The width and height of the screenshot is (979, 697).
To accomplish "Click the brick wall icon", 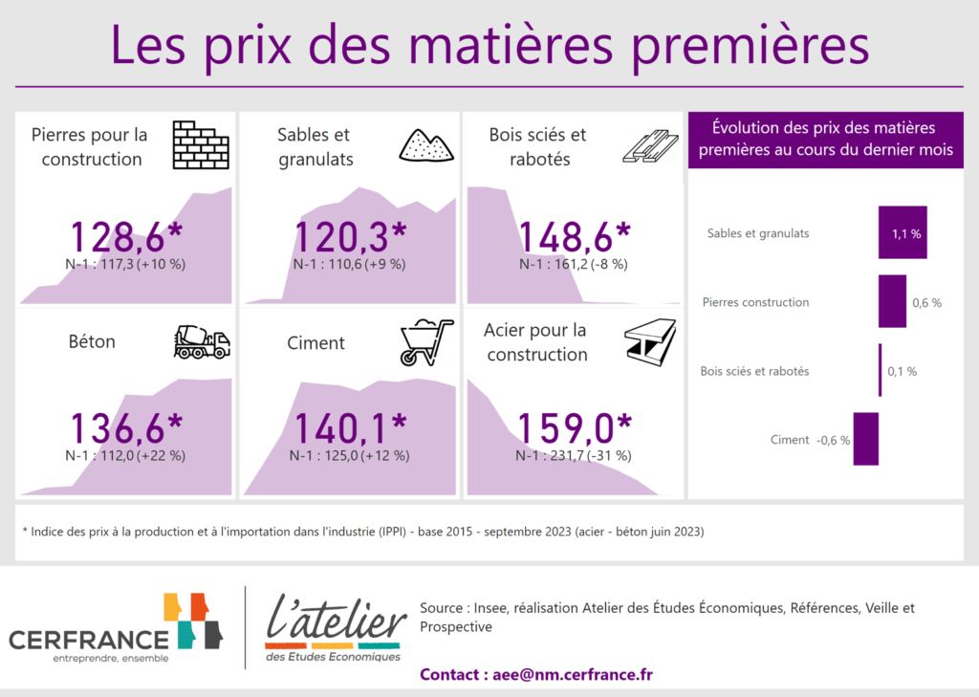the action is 201,145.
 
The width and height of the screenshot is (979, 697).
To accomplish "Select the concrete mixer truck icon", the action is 202,341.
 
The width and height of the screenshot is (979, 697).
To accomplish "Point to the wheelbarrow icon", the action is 426,342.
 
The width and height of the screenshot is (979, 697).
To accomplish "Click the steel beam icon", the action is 650,341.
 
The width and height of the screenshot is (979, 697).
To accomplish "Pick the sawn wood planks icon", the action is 650,146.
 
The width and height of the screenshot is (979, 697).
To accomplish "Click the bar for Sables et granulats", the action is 903,232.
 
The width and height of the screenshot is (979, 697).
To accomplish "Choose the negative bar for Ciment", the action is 866,439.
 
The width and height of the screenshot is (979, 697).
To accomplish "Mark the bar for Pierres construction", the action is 892,301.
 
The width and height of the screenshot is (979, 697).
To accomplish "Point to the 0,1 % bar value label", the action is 903,372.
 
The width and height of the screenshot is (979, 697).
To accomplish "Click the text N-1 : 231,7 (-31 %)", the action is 574,456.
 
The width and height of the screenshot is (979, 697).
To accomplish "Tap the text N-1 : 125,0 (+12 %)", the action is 350,456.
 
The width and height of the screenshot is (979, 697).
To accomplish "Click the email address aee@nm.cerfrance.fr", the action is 573,674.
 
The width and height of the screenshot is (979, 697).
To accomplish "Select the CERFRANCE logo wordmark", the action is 89,640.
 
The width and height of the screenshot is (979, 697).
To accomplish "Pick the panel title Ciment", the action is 315,343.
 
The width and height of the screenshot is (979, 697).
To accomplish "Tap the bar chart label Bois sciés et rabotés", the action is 754,371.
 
